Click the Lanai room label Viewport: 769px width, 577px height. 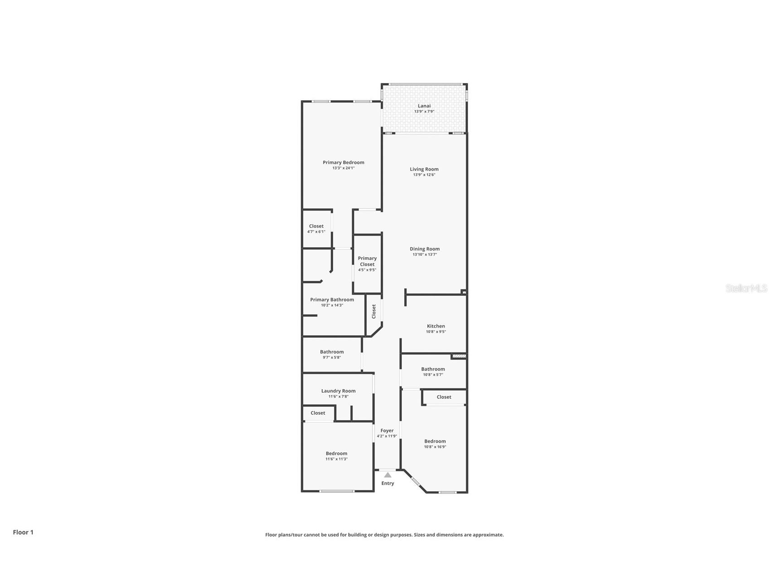click(x=424, y=106)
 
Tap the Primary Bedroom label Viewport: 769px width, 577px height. click(x=343, y=162)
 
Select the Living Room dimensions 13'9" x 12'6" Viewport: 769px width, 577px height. click(x=424, y=175)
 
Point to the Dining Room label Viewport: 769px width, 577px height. click(x=425, y=249)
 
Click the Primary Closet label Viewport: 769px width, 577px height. click(x=367, y=261)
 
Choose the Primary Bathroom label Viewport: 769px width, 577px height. click(x=332, y=299)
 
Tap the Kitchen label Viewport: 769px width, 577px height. click(x=436, y=326)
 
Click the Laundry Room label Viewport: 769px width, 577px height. click(x=338, y=391)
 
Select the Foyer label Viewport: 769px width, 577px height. click(x=387, y=430)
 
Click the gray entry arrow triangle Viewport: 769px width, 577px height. click(x=387, y=475)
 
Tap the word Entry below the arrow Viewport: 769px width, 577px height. click(x=387, y=483)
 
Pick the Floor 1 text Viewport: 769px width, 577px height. click(x=23, y=532)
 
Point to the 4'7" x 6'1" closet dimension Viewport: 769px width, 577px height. click(x=316, y=232)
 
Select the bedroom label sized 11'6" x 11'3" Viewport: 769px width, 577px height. click(x=336, y=453)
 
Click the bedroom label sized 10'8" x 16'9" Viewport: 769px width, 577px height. click(x=435, y=441)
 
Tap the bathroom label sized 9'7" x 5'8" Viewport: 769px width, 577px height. click(x=332, y=352)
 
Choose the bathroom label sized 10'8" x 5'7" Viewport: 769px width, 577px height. click(x=433, y=369)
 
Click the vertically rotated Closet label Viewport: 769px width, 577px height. click(x=374, y=311)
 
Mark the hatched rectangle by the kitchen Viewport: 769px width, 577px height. click(x=459, y=356)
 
